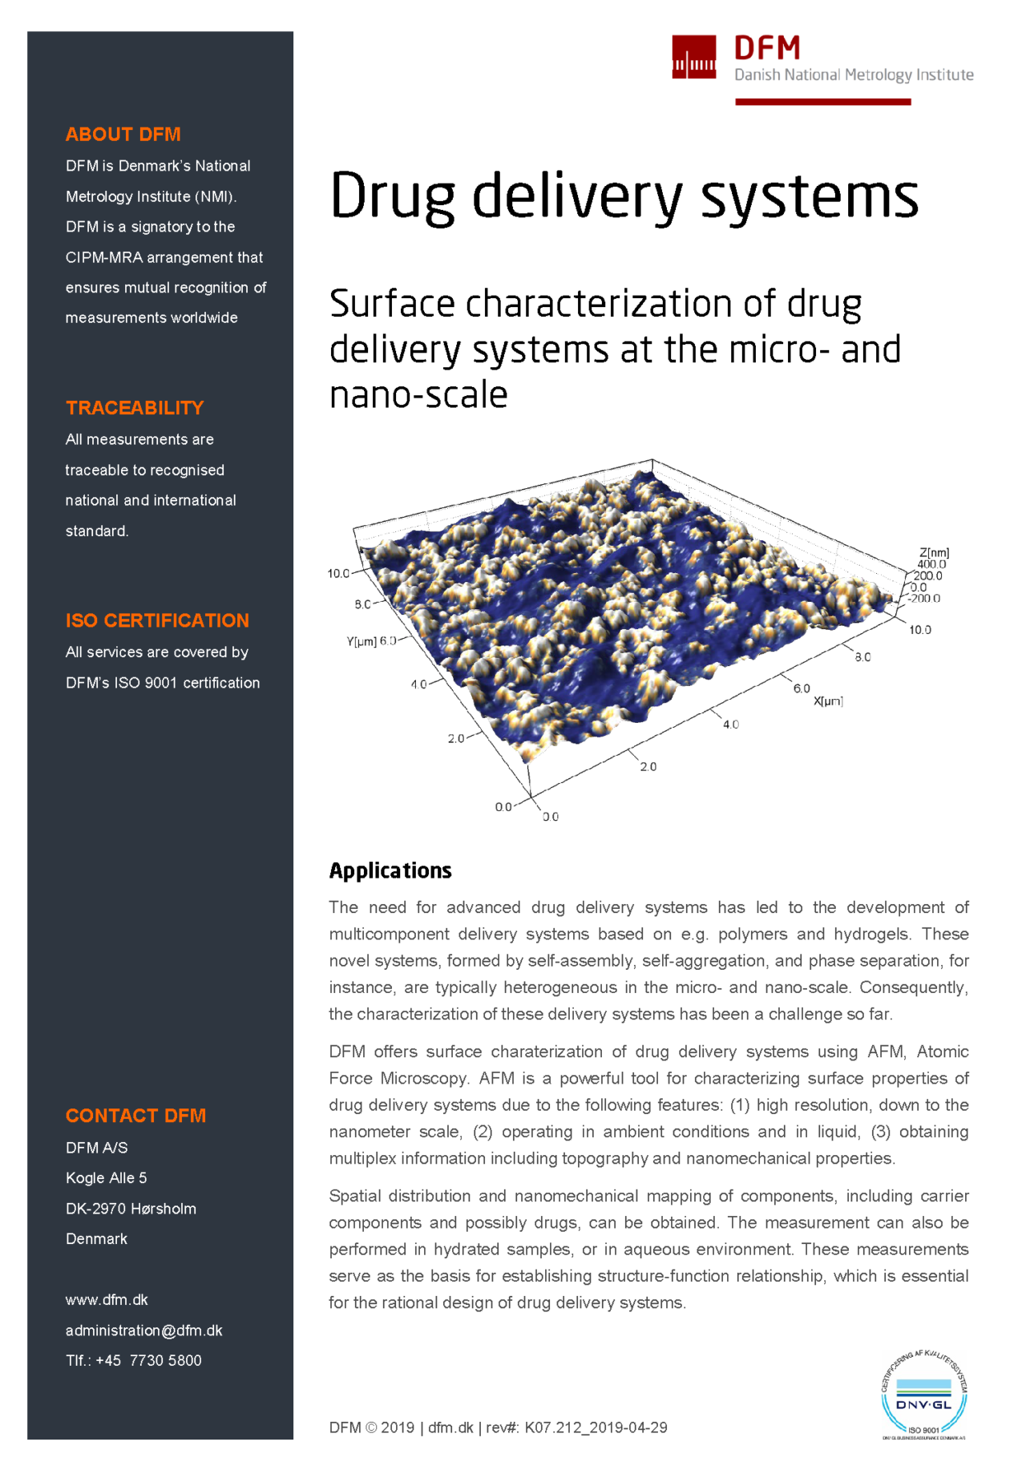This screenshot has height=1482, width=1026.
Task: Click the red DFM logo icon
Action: (x=693, y=57)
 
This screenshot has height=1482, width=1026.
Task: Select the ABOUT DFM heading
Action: (x=123, y=135)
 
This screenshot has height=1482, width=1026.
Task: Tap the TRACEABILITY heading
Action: (x=135, y=408)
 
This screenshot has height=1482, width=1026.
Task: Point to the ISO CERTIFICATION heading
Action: (x=157, y=620)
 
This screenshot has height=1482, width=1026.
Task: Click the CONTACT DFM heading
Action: (x=135, y=1116)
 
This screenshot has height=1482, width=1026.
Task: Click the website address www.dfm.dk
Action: (x=107, y=1300)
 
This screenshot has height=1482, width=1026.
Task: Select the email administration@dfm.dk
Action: (x=143, y=1331)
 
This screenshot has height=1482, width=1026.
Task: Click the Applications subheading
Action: (x=390, y=870)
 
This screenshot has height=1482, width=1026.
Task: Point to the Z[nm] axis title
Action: (x=934, y=553)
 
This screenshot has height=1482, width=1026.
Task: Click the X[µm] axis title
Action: (x=828, y=701)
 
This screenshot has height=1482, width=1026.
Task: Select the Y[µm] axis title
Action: (x=361, y=641)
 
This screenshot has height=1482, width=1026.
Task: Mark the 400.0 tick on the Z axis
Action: (x=931, y=564)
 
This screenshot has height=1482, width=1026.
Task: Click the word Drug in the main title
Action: (x=392, y=196)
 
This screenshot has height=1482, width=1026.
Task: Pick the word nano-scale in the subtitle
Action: (x=418, y=395)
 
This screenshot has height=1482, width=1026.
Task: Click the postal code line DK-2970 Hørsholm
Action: (x=131, y=1209)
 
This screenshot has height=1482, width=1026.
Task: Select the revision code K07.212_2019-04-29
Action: (x=596, y=1427)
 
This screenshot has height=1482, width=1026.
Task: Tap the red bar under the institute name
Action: (x=822, y=102)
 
